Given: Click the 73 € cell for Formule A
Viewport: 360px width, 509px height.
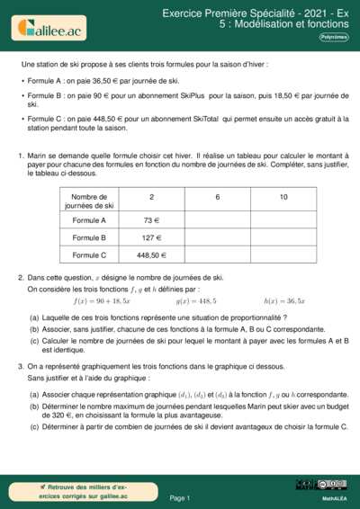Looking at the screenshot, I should (x=151, y=219).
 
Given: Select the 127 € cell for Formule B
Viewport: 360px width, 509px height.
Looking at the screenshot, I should (x=151, y=237).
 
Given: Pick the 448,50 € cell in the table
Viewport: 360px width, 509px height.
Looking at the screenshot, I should (x=151, y=255).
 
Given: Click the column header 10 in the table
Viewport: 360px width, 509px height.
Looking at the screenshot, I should (x=283, y=197).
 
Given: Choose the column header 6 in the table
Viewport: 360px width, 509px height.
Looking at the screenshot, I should (x=218, y=197).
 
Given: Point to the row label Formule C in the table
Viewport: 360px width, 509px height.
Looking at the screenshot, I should (x=89, y=255).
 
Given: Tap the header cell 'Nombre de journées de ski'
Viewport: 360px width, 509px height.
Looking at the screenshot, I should (x=89, y=201).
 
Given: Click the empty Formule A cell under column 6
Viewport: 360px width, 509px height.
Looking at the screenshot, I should (x=218, y=219).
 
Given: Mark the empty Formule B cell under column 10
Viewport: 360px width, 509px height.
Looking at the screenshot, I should (x=283, y=237).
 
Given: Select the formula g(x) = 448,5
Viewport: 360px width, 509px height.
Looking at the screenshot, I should (x=195, y=300).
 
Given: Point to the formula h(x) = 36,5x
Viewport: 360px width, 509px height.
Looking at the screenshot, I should (x=284, y=300).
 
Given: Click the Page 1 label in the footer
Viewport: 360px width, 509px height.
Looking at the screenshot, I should (x=179, y=497).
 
